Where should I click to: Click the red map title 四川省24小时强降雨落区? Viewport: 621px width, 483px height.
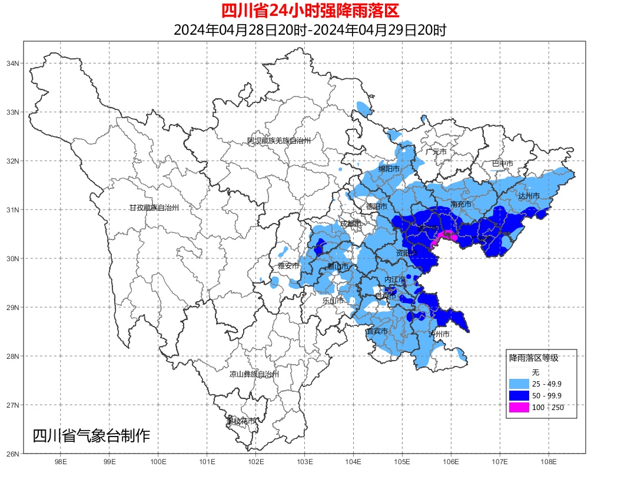[310, 11]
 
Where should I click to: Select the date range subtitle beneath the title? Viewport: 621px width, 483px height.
[310, 29]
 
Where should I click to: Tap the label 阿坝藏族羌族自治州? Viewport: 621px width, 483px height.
[278, 141]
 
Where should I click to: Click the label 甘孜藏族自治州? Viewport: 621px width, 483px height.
[154, 208]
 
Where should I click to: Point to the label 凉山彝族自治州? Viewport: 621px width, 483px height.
[254, 374]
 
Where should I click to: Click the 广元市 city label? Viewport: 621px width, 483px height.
[436, 152]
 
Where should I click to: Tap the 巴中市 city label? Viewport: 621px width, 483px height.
[502, 164]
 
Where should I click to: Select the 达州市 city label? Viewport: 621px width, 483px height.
[529, 195]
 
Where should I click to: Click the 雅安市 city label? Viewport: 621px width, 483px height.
[288, 266]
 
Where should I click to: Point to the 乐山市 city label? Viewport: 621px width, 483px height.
[333, 301]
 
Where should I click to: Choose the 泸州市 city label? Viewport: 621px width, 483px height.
[439, 334]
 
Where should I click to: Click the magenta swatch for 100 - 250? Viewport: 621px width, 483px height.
[519, 407]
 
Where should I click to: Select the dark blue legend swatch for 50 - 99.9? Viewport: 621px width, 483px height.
[519, 395]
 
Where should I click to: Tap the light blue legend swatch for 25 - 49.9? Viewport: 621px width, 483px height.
[519, 384]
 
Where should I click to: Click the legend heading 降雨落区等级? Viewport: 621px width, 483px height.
[533, 358]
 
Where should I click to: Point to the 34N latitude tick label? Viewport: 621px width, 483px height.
[14, 63]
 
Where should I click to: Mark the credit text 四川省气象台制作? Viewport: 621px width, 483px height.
[91, 436]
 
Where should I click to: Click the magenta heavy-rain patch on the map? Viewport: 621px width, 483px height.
[446, 236]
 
